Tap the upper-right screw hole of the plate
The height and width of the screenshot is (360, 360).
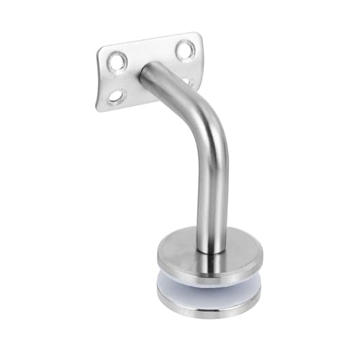pyautogui.click(x=184, y=50)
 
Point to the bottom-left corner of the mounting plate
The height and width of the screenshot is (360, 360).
pyautogui.click(x=99, y=108)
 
